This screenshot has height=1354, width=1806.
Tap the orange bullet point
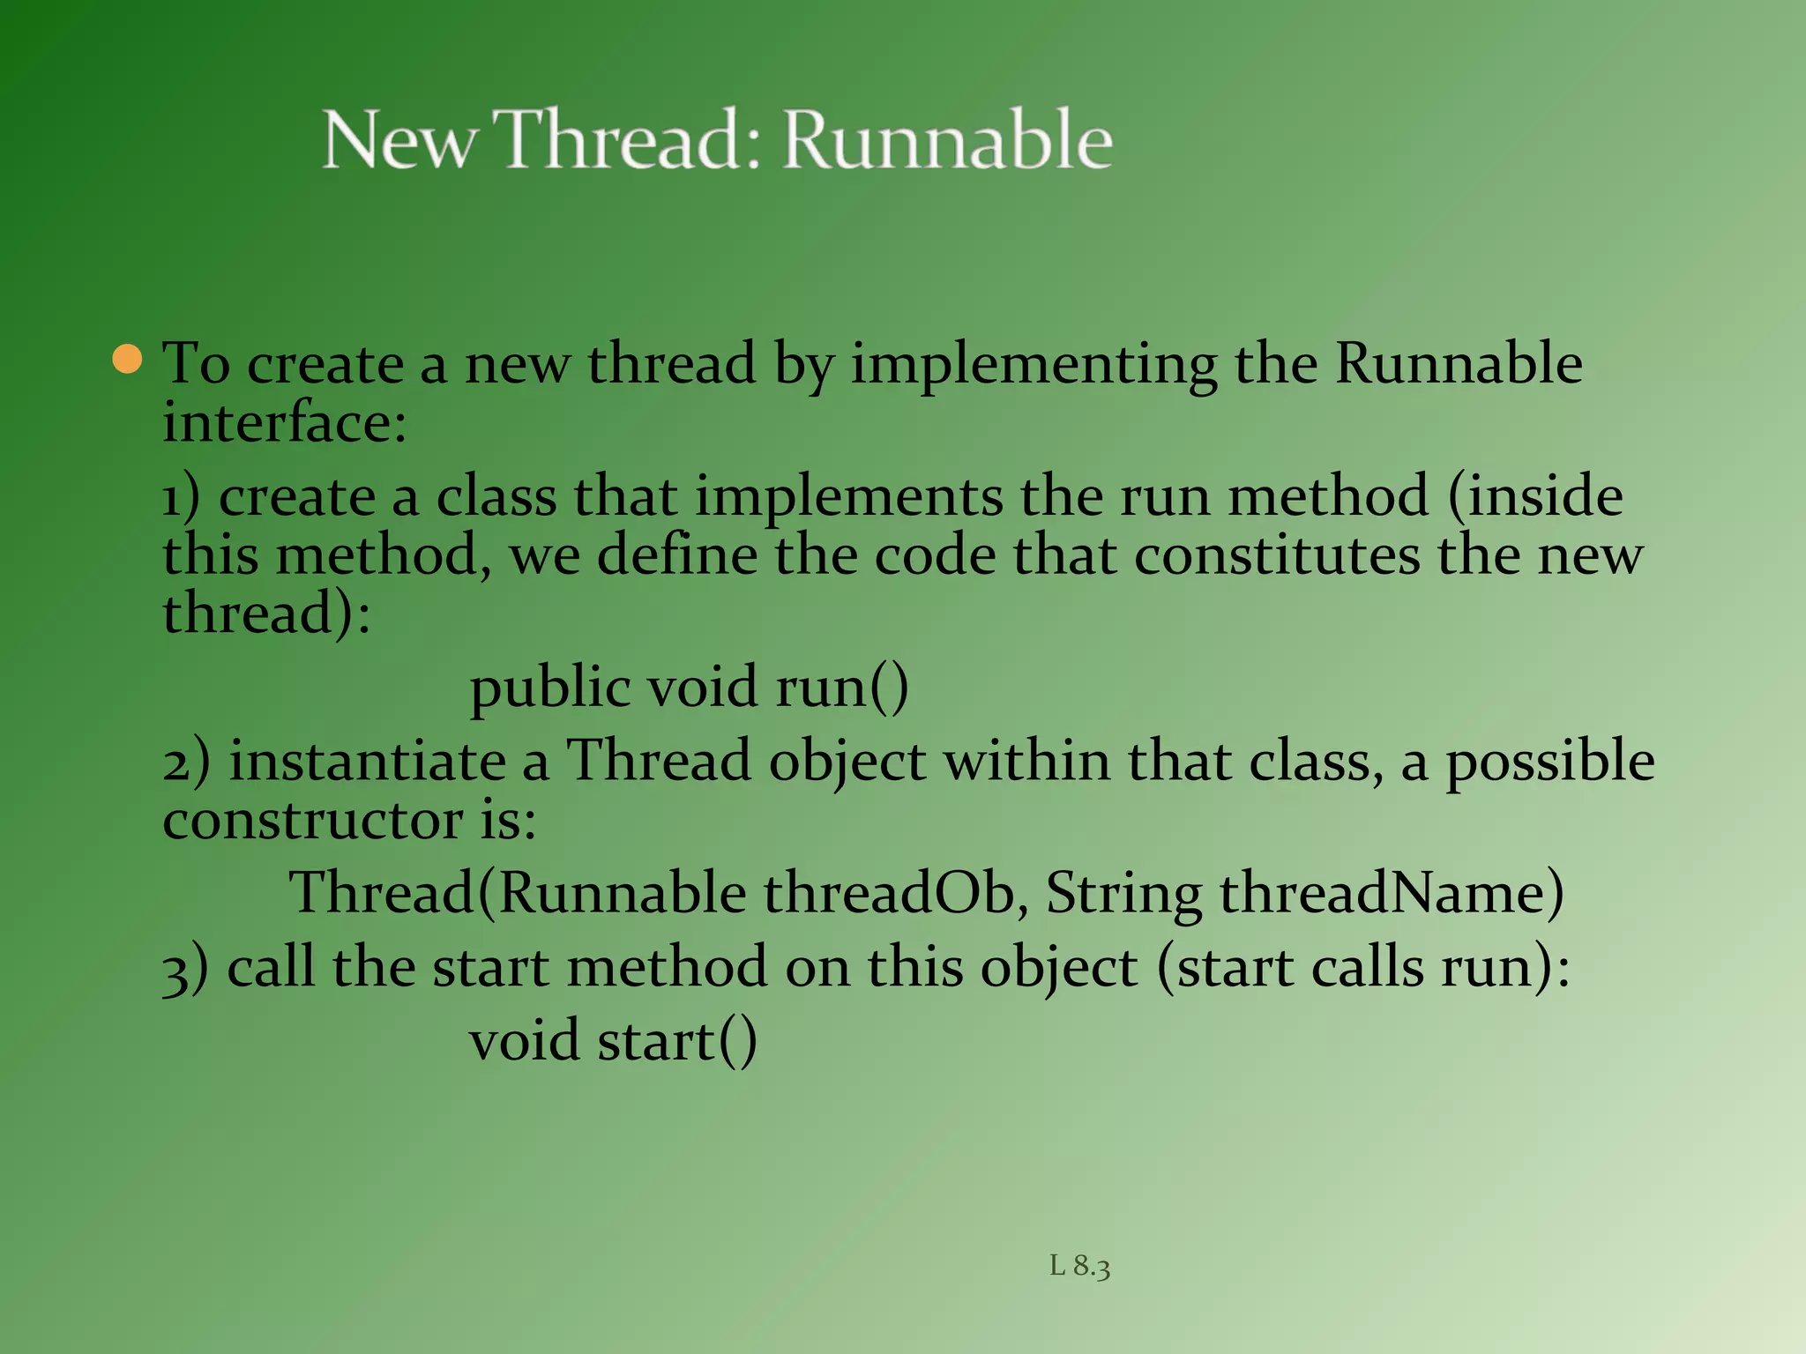coord(128,360)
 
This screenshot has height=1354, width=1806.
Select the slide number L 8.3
coord(1079,1267)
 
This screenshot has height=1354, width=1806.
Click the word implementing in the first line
coord(1033,364)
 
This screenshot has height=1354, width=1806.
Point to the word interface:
coord(284,423)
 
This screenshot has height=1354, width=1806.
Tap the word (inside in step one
coord(1534,496)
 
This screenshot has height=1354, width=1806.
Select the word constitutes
coord(1277,556)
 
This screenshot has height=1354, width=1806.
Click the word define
coord(677,556)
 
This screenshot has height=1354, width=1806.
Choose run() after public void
coord(841,688)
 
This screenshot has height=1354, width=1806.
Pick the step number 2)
coord(186,763)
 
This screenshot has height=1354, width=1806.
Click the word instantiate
coord(367,763)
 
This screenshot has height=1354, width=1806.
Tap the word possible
coord(1549,763)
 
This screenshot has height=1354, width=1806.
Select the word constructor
coord(312,822)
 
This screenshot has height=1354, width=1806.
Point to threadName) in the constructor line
coord(1392,894)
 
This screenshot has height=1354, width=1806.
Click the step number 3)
coord(185,969)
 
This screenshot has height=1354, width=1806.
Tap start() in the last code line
coord(676,1042)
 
